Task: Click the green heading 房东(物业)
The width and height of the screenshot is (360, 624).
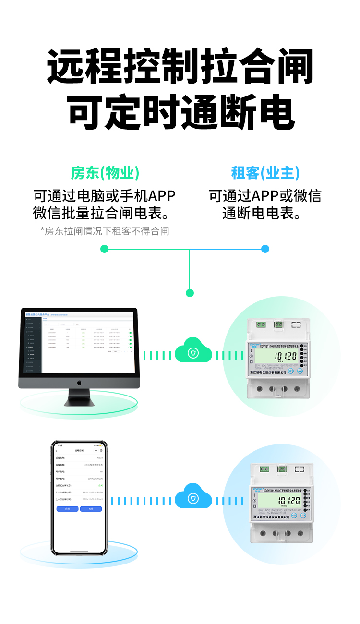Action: (105, 173)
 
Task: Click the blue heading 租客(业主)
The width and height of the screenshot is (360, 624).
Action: (265, 173)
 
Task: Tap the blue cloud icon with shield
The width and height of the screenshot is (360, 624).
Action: (193, 499)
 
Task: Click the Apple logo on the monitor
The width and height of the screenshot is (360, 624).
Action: (79, 383)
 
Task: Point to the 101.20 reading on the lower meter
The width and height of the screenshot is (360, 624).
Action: (288, 501)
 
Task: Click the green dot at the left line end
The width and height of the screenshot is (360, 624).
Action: (105, 249)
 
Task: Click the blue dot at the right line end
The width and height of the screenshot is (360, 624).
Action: (265, 249)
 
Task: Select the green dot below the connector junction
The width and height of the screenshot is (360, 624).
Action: (190, 293)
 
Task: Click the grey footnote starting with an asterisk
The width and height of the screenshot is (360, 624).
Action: (105, 231)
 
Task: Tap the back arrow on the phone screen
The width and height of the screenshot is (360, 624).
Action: (57, 450)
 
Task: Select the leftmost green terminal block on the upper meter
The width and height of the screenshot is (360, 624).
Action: (261, 324)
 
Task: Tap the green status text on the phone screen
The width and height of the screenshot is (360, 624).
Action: (100, 485)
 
